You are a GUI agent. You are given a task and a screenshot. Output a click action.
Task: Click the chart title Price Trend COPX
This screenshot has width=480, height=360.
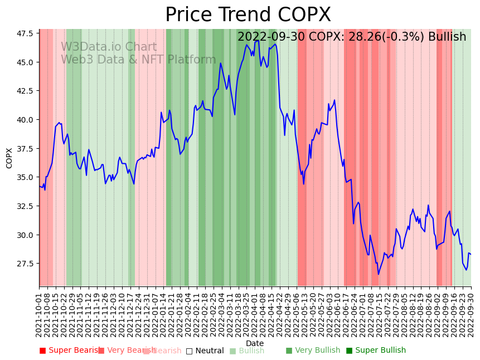point(248,15)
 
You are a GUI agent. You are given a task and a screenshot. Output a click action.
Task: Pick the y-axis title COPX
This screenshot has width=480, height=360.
point(9,158)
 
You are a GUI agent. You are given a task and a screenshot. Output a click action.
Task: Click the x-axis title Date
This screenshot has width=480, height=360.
point(255,343)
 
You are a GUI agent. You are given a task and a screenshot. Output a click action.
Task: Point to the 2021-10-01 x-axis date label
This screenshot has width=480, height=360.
point(39,315)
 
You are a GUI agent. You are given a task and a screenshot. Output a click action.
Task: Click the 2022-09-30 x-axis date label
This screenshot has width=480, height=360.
point(471,315)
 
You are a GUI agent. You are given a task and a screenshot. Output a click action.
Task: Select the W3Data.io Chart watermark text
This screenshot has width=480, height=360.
point(109,47)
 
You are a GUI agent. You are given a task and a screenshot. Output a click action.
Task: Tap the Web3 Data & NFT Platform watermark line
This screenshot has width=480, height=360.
point(138,60)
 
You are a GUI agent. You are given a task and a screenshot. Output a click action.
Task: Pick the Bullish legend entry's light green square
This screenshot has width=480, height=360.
point(233,351)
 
